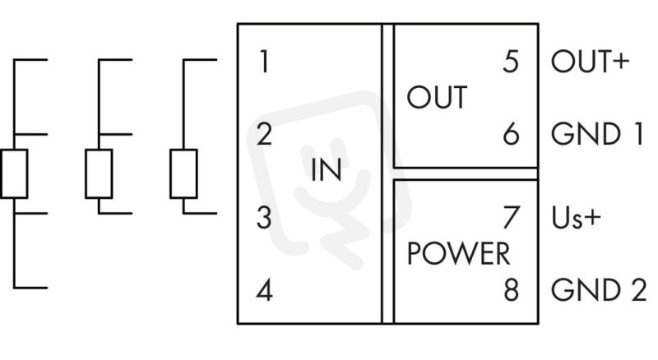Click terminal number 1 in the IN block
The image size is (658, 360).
[264, 62]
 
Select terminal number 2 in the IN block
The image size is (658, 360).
[264, 134]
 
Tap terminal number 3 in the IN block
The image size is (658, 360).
[264, 218]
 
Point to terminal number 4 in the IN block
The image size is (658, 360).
[264, 290]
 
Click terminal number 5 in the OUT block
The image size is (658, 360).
[511, 62]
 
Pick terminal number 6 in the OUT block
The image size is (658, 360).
[511, 134]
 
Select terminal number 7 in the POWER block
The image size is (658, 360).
[512, 217]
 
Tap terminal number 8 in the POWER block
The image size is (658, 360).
[511, 290]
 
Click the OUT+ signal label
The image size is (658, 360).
[591, 62]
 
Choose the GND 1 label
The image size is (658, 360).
[597, 134]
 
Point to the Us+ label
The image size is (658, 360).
[577, 218]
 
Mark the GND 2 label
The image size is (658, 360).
[599, 290]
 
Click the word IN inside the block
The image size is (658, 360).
[326, 170]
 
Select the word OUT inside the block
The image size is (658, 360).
[437, 97]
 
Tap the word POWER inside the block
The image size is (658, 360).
[459, 254]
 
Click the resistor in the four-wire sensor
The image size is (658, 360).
[14, 173]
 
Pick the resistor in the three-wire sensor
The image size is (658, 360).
[99, 173]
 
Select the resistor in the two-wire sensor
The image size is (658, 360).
[183, 173]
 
